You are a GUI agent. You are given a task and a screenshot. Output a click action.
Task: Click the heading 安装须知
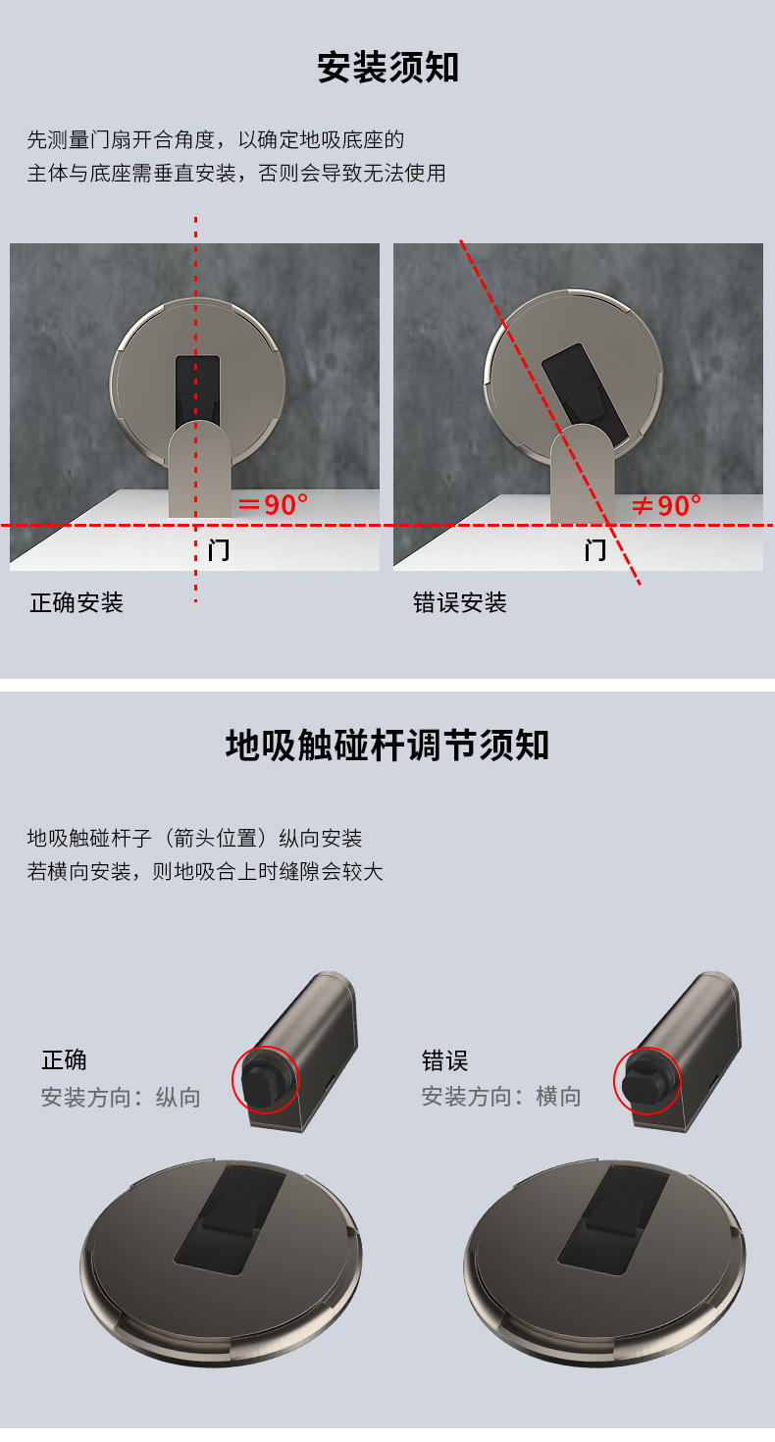point(387,68)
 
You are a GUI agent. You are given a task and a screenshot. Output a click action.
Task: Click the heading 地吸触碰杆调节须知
point(387,746)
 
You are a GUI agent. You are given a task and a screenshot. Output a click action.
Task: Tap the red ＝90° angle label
point(274,505)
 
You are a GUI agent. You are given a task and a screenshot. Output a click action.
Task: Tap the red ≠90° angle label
point(666,506)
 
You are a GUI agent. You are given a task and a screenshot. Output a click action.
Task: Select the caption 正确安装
point(77,602)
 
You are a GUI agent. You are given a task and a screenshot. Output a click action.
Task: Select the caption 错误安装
point(460,602)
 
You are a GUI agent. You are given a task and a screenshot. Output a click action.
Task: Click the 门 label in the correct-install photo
point(219,549)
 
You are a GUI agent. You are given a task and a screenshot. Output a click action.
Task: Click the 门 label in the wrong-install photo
point(594,549)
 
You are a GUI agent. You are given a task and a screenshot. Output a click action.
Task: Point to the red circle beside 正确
point(265,1080)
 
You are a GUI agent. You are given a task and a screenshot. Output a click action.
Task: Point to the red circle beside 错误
point(647,1080)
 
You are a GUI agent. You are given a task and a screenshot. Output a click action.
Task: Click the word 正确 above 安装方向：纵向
point(64,1060)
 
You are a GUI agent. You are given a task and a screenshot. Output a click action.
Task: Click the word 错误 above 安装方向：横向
point(445,1060)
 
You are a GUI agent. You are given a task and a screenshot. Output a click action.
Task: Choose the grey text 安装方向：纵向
point(121,1097)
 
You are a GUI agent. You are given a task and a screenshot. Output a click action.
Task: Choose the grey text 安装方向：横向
point(501,1097)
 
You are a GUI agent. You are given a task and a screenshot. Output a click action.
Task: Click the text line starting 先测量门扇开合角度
point(216,139)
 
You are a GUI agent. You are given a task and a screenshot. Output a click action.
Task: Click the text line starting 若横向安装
point(205,871)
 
